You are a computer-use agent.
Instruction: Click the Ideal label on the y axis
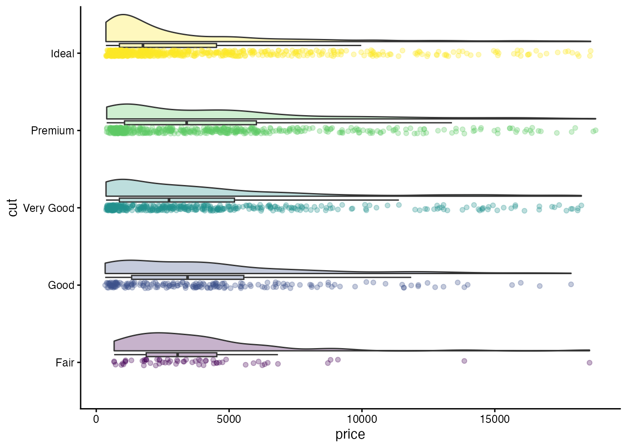coord(62,54)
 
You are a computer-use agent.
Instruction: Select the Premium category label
coord(52,131)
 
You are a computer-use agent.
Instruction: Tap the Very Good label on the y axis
coord(48,208)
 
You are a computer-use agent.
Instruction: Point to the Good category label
coord(61,285)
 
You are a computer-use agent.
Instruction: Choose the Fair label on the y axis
coord(65,363)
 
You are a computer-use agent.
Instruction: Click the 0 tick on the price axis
coord(96,419)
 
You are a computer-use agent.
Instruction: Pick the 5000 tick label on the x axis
coord(229,419)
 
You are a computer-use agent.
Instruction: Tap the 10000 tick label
coord(362,419)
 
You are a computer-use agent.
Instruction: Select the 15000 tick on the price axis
coord(494,419)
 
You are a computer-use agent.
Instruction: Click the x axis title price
coord(350,435)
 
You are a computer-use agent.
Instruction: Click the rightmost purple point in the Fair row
coord(589,362)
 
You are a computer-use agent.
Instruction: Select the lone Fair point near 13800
coord(464,361)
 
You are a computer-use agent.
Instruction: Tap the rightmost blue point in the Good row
coord(571,284)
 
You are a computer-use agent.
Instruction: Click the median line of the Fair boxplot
coord(177,355)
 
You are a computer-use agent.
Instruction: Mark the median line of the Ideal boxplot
coord(143,45)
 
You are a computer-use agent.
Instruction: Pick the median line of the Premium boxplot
coord(187,123)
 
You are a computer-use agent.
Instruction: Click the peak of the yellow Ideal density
coord(124,14)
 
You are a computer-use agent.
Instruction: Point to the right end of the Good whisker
coord(411,277)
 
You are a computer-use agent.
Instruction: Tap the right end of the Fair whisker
coord(278,355)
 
